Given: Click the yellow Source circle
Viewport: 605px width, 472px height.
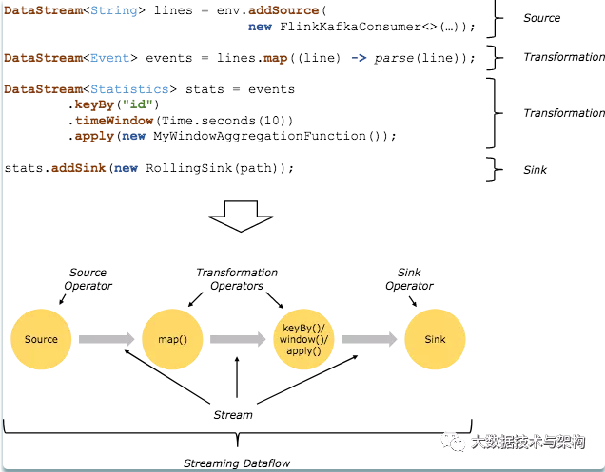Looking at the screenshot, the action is click(x=41, y=339).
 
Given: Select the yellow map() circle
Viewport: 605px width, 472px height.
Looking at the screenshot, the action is click(x=172, y=339).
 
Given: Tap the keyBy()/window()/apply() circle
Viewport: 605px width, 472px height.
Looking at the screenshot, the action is click(x=303, y=339).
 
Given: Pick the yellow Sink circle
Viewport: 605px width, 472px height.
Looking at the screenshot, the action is click(x=435, y=339).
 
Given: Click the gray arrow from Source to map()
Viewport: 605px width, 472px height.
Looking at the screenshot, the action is click(x=107, y=339).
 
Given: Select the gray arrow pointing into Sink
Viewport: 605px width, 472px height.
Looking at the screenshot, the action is click(x=369, y=339).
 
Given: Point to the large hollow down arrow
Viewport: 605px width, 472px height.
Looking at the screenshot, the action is click(x=241, y=217).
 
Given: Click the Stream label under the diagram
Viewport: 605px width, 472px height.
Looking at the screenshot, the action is click(x=233, y=415).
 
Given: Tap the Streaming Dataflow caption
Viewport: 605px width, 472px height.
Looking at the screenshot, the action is click(x=237, y=463).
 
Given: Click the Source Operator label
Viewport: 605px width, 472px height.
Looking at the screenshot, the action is click(x=88, y=279).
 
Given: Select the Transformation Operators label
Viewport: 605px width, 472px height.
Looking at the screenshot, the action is click(x=237, y=279).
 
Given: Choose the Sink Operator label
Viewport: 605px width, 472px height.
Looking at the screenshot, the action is click(x=409, y=279).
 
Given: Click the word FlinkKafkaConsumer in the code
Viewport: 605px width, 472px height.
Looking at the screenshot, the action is click(x=350, y=27).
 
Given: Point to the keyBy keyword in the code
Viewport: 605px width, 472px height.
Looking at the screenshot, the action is click(x=94, y=104).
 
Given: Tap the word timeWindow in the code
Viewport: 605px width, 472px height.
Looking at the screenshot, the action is click(x=114, y=121).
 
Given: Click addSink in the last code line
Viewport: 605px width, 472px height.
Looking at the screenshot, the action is click(x=78, y=168).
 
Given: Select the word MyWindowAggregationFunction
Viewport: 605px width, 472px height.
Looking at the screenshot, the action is click(x=260, y=136).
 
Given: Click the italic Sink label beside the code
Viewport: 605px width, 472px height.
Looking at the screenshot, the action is click(x=535, y=170).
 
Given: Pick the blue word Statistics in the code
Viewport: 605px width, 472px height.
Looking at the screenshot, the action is click(x=129, y=89).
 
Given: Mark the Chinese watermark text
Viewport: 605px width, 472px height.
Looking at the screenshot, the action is click(x=528, y=442).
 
